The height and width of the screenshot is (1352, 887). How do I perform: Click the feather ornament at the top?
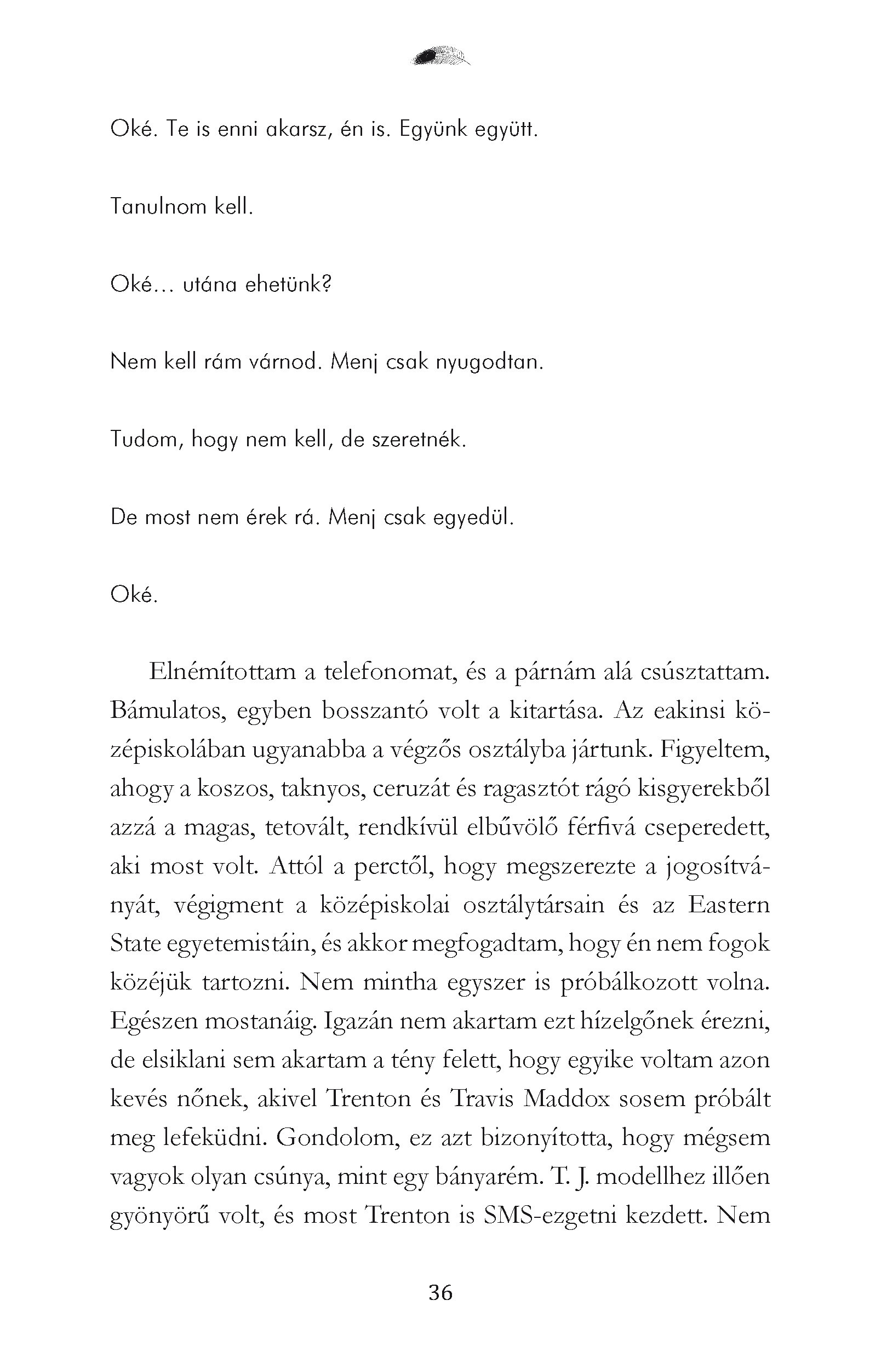pos(440,56)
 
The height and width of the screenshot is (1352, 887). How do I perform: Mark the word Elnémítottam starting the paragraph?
pos(222,672)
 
